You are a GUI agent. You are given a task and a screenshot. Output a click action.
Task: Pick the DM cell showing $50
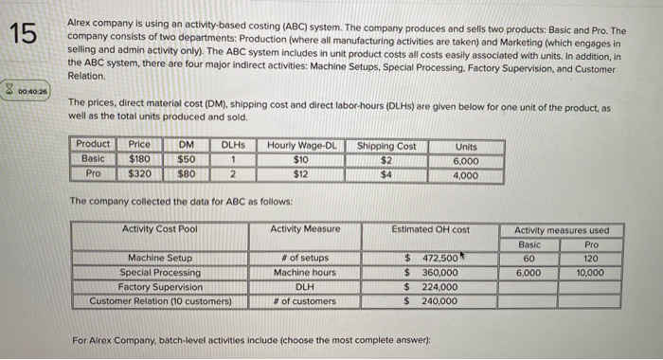point(187,160)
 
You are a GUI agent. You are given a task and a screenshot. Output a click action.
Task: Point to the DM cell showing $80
point(187,174)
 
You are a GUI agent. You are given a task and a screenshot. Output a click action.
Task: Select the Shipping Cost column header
point(386,146)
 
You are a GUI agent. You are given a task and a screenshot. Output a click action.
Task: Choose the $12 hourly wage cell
point(301,174)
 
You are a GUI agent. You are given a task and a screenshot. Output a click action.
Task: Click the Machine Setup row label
point(159,258)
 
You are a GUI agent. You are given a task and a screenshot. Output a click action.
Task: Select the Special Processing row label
point(159,272)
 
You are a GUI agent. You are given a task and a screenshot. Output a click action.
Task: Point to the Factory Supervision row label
point(159,287)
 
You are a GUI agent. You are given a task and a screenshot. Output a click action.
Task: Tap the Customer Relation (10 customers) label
point(159,301)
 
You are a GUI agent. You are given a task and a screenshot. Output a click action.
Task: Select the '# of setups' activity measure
point(305,258)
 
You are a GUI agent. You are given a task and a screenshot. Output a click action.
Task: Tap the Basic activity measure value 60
point(530,258)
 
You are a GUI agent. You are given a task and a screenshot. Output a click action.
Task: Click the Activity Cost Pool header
point(159,229)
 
